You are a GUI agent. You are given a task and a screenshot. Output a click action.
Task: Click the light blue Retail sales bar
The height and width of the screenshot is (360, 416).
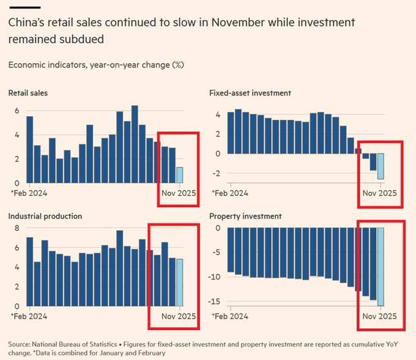(x=179, y=175)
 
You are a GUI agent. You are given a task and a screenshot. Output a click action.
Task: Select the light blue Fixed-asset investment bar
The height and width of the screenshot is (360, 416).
(x=381, y=166)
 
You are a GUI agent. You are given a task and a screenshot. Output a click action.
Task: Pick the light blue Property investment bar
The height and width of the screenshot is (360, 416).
(x=381, y=266)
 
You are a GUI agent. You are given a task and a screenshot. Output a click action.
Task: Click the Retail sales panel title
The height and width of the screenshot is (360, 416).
(x=28, y=94)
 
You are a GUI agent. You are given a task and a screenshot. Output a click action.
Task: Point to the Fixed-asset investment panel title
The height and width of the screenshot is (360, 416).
(x=250, y=94)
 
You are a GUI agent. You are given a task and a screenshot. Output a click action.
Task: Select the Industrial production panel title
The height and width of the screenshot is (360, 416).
(x=45, y=216)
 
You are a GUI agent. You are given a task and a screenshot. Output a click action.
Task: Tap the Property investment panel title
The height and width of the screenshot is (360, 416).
(x=245, y=216)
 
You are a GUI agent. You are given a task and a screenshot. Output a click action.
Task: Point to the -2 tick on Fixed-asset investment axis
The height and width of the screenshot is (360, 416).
(x=217, y=173)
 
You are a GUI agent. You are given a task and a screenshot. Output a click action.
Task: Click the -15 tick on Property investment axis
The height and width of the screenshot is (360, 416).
(x=215, y=301)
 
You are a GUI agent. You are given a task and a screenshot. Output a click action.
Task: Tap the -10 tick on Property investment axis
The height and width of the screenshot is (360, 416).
(x=215, y=277)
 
